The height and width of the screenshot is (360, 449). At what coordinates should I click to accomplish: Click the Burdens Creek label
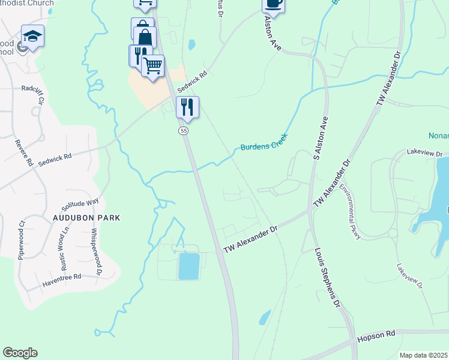[x=264, y=143]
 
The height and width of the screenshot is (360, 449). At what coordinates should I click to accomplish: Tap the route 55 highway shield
[x=184, y=130]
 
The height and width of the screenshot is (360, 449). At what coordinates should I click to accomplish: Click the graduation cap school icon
[x=32, y=36]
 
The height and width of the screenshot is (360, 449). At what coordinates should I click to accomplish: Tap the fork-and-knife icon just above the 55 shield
[x=187, y=107]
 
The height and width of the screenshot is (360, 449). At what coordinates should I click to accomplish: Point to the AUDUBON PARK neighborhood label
[x=86, y=217]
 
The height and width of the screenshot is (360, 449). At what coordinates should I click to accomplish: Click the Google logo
[x=20, y=353]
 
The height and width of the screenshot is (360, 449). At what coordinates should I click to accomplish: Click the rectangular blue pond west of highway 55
[x=190, y=266]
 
